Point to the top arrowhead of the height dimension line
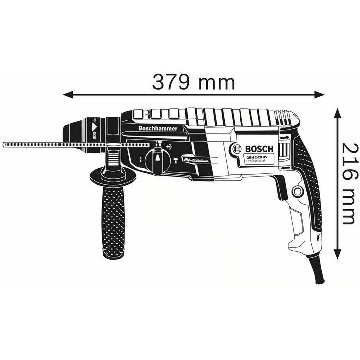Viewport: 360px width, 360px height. pyautogui.click(x=338, y=111)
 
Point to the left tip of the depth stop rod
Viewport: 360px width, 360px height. pyautogui.click(x=4, y=144)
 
